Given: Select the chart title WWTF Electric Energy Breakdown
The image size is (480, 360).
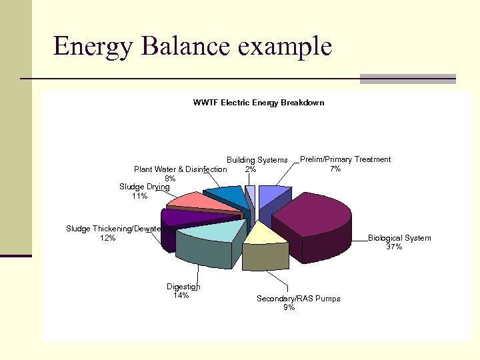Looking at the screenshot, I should (258, 103).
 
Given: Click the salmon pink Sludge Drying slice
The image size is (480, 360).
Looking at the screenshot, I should (193, 200).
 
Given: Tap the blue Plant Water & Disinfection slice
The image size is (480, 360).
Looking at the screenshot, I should (227, 195).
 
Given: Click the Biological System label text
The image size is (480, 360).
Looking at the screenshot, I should (399, 238).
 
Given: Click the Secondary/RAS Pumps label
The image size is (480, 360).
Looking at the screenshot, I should (298, 299).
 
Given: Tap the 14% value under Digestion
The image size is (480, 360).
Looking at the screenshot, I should (181, 295).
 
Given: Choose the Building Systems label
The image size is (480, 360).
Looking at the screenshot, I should (257, 160).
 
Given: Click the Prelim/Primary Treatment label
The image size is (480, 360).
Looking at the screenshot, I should (345, 159).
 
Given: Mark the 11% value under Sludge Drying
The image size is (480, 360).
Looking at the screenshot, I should (139, 196).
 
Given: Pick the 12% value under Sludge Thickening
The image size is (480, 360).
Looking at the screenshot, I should (107, 238).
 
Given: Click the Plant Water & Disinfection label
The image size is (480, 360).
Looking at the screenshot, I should (180, 169).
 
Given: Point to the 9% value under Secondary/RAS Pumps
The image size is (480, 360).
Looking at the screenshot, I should (289, 307).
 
